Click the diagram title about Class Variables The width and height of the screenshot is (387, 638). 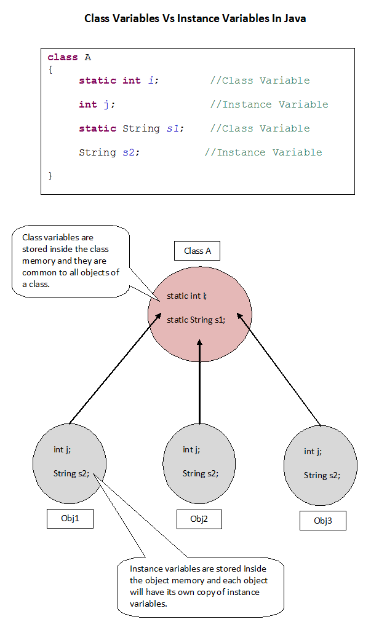195,18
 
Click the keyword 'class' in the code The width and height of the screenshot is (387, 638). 63,57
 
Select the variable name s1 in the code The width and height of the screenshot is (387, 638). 173,128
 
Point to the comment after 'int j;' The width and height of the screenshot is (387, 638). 269,104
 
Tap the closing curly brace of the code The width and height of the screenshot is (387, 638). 50,176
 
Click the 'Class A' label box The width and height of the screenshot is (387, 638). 197,251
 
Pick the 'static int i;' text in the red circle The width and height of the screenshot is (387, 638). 186,296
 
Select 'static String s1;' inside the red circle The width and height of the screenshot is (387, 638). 196,320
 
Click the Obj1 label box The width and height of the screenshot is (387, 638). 70,518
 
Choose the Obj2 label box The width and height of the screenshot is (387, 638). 199,519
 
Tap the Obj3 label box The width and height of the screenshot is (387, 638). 322,521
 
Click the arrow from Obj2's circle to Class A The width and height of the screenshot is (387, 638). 200,381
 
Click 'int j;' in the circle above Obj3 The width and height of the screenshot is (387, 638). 313,452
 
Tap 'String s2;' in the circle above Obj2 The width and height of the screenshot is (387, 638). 200,473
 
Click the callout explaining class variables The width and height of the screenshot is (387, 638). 70,261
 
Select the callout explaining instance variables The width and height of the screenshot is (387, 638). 200,586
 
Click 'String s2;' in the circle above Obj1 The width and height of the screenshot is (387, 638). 71,473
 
